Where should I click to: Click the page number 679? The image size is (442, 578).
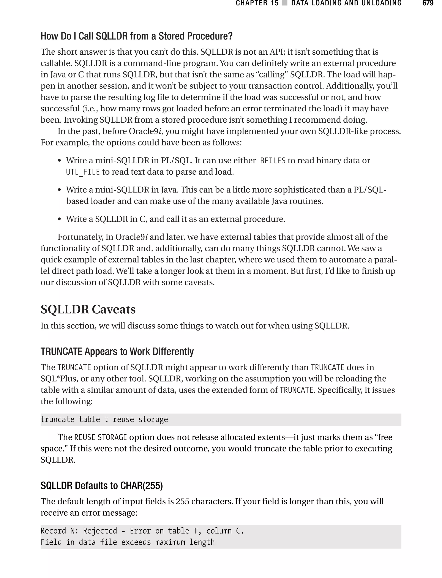pyautogui.click(x=428, y=3)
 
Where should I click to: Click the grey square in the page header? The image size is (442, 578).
pyautogui.click(x=284, y=3)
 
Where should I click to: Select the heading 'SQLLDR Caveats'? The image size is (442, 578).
pyautogui.click(x=88, y=309)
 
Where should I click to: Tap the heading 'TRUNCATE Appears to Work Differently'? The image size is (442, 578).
pyautogui.click(x=117, y=351)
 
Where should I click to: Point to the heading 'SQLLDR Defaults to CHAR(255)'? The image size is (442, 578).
pyautogui.click(x=102, y=485)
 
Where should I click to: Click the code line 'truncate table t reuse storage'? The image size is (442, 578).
pyautogui.click(x=104, y=419)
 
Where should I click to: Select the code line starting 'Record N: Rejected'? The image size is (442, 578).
pyautogui.click(x=142, y=531)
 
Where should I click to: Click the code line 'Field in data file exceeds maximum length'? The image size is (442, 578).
pyautogui.click(x=128, y=542)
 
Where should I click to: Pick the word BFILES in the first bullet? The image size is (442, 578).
pyautogui.click(x=273, y=161)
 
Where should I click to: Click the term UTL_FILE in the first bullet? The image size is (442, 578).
pyautogui.click(x=83, y=172)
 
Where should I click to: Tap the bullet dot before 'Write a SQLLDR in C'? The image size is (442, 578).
pyautogui.click(x=60, y=219)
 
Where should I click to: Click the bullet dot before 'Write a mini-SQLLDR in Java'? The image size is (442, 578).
pyautogui.click(x=60, y=190)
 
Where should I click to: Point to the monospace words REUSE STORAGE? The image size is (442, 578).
pyautogui.click(x=101, y=437)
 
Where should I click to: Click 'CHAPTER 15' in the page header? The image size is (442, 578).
pyautogui.click(x=257, y=3)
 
